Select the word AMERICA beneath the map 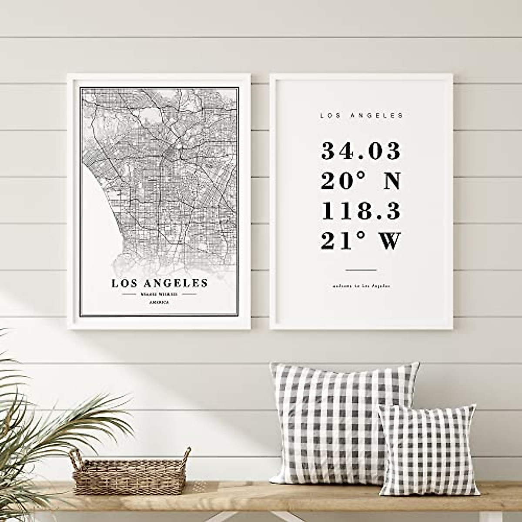[x=159, y=302]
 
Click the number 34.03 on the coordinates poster [x=361, y=151]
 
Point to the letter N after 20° [x=390, y=181]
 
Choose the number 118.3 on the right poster [x=361, y=212]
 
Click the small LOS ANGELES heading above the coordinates [x=361, y=116]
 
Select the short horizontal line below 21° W [x=361, y=270]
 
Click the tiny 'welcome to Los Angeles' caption [x=361, y=286]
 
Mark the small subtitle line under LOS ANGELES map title [x=160, y=294]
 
